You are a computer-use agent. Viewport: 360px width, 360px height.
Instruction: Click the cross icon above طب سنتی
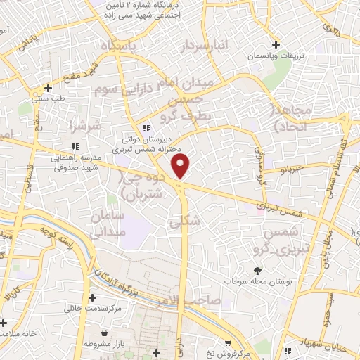coord(48,88)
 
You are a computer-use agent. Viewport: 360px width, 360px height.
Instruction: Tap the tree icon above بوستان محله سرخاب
coord(258,270)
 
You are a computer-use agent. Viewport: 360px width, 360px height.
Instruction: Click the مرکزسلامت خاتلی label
coord(94,308)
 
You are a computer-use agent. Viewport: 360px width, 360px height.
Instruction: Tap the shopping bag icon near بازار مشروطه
coord(104,333)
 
